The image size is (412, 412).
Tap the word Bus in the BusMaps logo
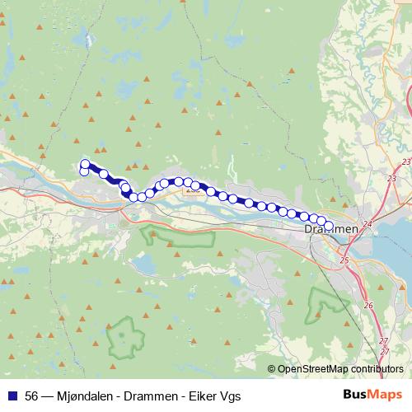click(x=355, y=395)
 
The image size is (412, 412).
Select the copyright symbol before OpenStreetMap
click(x=272, y=370)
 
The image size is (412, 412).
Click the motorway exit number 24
click(x=368, y=223)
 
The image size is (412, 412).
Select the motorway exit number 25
click(x=344, y=260)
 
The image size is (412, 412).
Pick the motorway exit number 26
click(x=368, y=306)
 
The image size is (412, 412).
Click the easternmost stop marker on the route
click(x=329, y=225)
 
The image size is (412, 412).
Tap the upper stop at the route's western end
click(x=85, y=163)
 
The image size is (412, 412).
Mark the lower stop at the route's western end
click(x=84, y=171)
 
